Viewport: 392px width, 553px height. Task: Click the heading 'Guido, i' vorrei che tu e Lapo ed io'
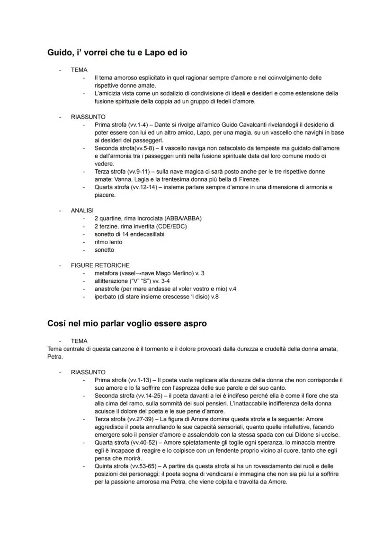(117, 53)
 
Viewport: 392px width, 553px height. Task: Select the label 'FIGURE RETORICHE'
(100, 265)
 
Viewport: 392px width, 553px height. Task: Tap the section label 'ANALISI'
(82, 211)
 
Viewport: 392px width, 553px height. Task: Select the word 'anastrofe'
(107, 289)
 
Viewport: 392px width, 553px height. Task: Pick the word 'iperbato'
(106, 297)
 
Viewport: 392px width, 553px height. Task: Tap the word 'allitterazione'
(113, 281)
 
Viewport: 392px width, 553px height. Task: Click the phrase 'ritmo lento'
(108, 242)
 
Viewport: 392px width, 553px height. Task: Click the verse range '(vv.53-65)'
(143, 466)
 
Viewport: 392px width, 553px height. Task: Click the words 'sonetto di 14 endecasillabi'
(129, 234)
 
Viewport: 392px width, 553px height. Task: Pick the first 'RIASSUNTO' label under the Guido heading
(88, 117)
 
